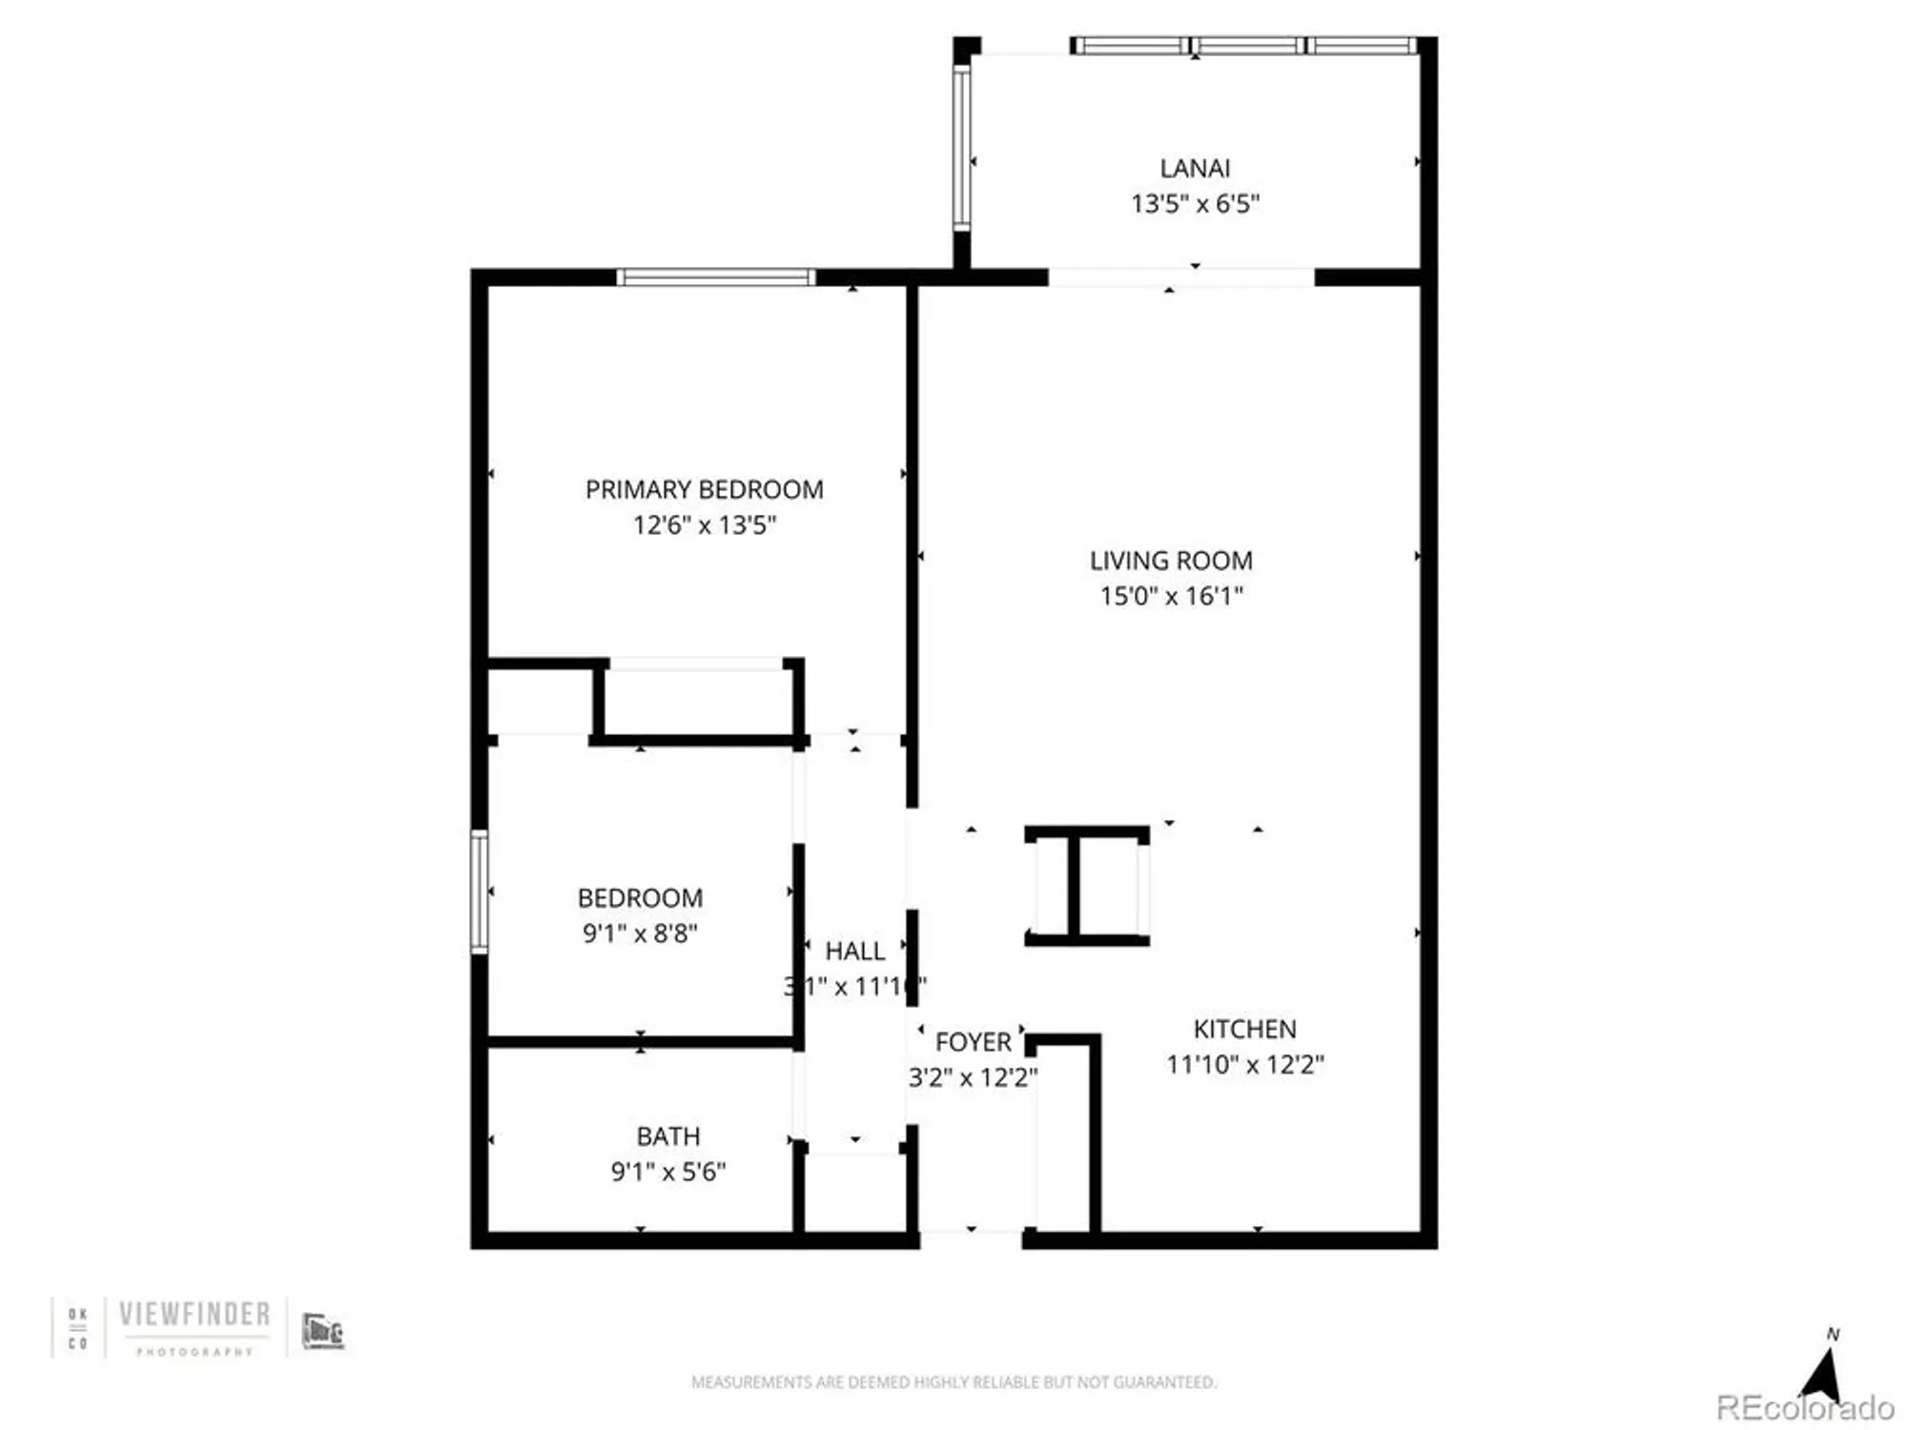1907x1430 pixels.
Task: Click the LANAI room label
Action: point(1195,169)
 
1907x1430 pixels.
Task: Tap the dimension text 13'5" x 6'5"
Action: point(1195,204)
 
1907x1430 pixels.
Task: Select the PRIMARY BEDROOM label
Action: point(704,490)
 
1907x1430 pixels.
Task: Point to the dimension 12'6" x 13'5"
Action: point(704,525)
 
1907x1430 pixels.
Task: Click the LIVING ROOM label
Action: point(1171,561)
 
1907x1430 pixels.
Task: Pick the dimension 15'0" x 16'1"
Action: point(1171,597)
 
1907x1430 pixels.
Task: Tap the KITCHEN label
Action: point(1244,1030)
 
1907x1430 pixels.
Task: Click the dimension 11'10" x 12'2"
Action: point(1244,1065)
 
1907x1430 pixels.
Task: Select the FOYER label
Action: point(973,1042)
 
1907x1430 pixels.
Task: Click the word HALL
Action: point(854,951)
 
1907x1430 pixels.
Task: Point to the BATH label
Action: point(667,1136)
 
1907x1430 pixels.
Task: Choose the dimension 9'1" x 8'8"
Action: point(640,933)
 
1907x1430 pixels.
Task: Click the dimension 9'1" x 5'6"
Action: point(667,1172)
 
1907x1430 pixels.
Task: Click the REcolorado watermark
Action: point(1804,1408)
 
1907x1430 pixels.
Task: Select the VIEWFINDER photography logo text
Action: point(195,1315)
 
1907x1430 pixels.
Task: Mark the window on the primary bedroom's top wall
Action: point(715,277)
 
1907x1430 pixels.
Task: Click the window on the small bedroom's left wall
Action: point(480,891)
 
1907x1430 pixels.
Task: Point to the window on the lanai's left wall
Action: point(962,148)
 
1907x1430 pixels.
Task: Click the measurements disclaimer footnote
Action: point(953,1381)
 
